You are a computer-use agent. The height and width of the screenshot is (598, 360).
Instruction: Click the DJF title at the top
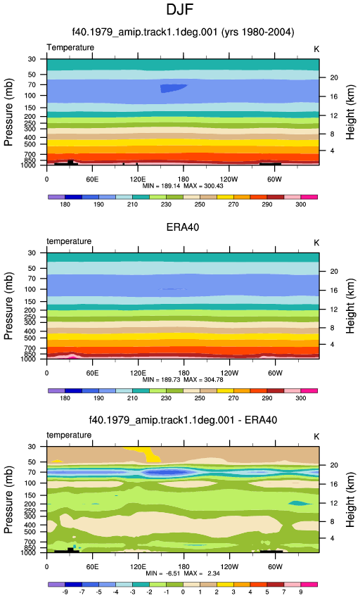[x=179, y=10]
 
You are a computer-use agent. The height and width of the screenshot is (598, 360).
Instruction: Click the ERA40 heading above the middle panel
[x=183, y=227]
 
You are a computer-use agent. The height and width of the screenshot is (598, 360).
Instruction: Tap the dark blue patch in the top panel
[x=173, y=89]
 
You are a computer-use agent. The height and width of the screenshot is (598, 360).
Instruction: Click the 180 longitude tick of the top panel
[x=184, y=179]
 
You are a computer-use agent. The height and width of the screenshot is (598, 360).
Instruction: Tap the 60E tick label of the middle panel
[x=92, y=373]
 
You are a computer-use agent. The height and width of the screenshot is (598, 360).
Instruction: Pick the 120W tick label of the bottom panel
[x=229, y=567]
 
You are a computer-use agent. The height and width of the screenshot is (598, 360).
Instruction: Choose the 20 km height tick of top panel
[x=334, y=78]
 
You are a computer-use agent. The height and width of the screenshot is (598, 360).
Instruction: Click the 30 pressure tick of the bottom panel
[x=32, y=447]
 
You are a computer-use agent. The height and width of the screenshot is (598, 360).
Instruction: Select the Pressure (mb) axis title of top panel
[x=8, y=113]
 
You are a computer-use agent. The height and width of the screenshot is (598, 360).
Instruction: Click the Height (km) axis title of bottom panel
[x=350, y=500]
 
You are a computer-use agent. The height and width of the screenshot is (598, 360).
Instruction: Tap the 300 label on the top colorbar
[x=300, y=205]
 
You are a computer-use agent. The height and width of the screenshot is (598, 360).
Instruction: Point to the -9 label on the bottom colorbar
[x=65, y=592]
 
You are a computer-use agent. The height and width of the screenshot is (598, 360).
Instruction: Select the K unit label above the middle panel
[x=316, y=243]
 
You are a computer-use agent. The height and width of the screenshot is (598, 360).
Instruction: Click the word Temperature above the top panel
[x=70, y=48]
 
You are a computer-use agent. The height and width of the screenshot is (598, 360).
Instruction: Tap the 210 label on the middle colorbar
[x=132, y=398]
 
